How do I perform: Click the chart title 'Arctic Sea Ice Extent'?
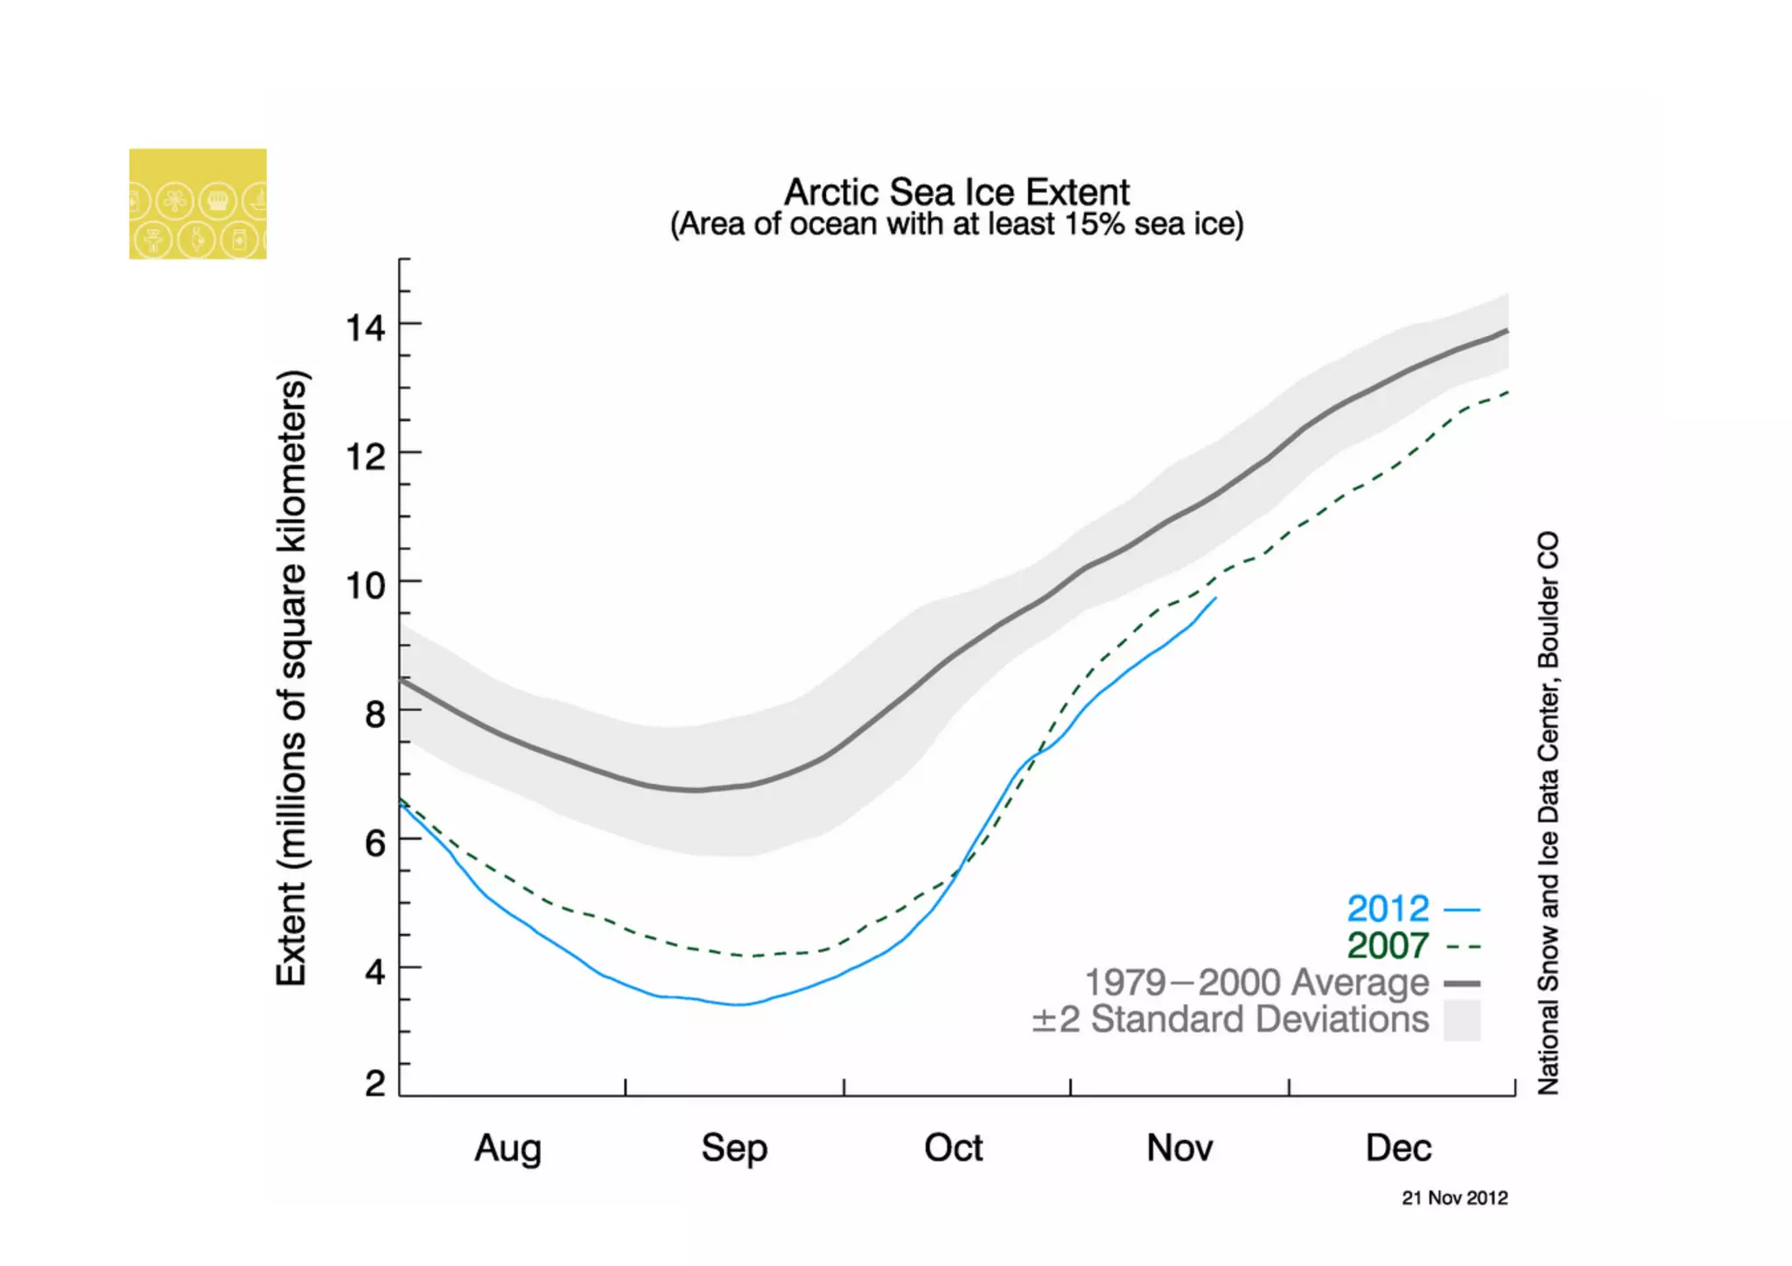click(956, 192)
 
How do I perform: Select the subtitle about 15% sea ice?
click(956, 225)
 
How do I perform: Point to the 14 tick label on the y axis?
click(366, 328)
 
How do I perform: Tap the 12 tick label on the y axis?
click(366, 457)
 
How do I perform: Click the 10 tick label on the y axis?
click(366, 585)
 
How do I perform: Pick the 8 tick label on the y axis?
click(374, 714)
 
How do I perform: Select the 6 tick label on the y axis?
click(374, 843)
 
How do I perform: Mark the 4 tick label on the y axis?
click(374, 971)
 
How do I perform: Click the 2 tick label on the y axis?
click(374, 1084)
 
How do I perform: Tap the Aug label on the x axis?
click(507, 1148)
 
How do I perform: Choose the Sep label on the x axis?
click(733, 1148)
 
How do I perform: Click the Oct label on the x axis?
click(953, 1148)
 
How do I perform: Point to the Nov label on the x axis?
click(1179, 1148)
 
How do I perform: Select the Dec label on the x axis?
click(1398, 1148)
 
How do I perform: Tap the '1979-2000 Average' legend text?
click(1256, 983)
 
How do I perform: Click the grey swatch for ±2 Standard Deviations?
click(1461, 1020)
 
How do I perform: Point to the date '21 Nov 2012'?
click(1454, 1198)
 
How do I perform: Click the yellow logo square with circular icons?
click(198, 204)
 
